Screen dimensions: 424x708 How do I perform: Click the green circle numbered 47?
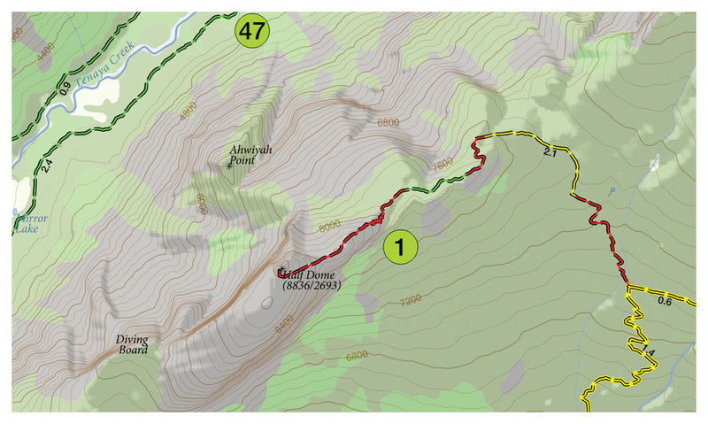click(x=251, y=32)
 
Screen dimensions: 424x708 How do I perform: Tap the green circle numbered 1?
click(x=400, y=248)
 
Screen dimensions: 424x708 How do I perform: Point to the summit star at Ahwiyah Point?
click(x=229, y=165)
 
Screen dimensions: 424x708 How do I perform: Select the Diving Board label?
click(x=132, y=343)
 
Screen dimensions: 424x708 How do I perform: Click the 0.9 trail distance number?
click(x=64, y=89)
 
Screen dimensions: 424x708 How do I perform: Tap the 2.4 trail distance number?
click(x=43, y=166)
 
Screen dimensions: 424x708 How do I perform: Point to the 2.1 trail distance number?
click(x=549, y=152)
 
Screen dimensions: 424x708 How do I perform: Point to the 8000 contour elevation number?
click(x=328, y=226)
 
